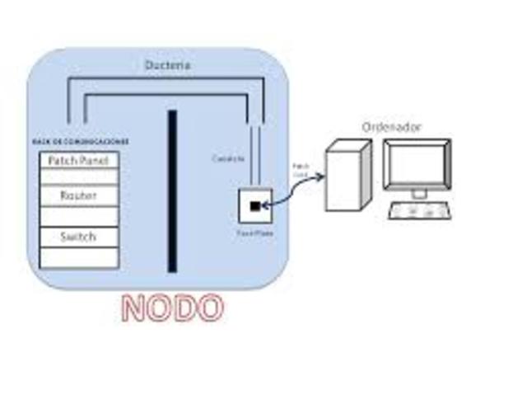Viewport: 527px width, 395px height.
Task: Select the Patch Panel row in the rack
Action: click(x=78, y=160)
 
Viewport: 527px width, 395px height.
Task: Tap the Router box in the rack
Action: click(x=78, y=196)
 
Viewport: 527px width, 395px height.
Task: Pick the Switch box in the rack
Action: click(x=78, y=237)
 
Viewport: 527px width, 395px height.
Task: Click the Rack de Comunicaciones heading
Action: click(x=79, y=142)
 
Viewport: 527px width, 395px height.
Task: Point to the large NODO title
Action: click(x=172, y=308)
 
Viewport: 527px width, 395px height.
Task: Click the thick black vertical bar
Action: click(x=172, y=190)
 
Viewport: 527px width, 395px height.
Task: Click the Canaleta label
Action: click(x=227, y=158)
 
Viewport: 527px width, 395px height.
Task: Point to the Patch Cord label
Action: click(x=301, y=170)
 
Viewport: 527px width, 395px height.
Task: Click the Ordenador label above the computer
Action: click(x=391, y=127)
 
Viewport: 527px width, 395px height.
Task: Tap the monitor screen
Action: click(x=419, y=164)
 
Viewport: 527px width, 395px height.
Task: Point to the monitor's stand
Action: click(x=419, y=194)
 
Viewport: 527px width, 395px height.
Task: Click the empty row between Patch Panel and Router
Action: click(x=78, y=177)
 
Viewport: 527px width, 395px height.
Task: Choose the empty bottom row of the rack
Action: click(x=78, y=257)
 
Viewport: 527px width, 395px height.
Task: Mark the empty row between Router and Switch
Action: click(x=78, y=217)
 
